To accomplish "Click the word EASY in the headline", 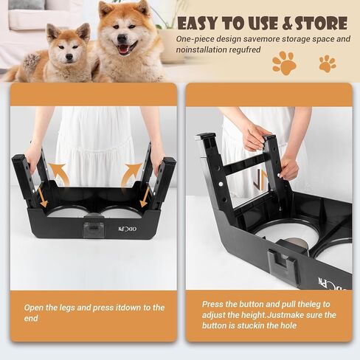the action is click(x=198, y=24).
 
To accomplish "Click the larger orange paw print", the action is click(x=284, y=63).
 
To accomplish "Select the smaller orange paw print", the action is click(x=328, y=63).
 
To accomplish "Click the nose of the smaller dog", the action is click(x=69, y=57).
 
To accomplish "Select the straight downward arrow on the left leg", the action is click(x=42, y=197).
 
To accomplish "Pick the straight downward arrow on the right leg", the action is click(x=145, y=197).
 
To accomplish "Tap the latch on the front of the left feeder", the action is click(x=93, y=229).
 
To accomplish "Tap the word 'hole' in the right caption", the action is click(x=288, y=325).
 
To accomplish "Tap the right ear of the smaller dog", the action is click(x=83, y=31).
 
